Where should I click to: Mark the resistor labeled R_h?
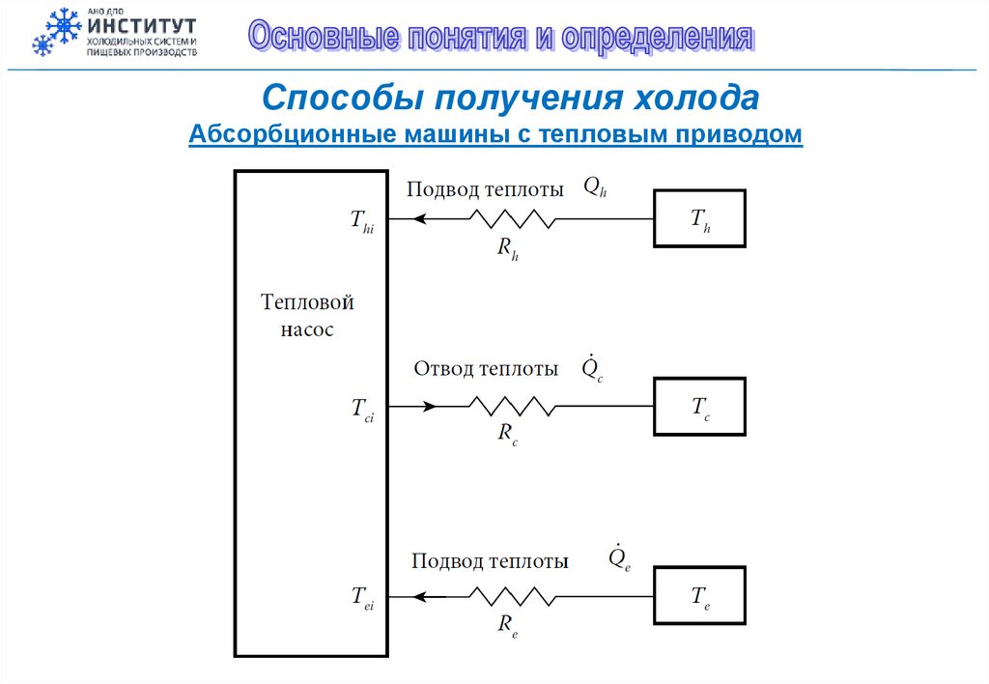[512, 219]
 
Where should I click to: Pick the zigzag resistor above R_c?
[512, 408]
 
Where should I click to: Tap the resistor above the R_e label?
[512, 596]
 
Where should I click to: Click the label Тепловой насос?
[307, 316]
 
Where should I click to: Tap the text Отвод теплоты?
[486, 369]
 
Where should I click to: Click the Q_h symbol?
[595, 188]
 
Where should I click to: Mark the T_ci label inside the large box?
[362, 410]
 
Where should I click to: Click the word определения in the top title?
[660, 37]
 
